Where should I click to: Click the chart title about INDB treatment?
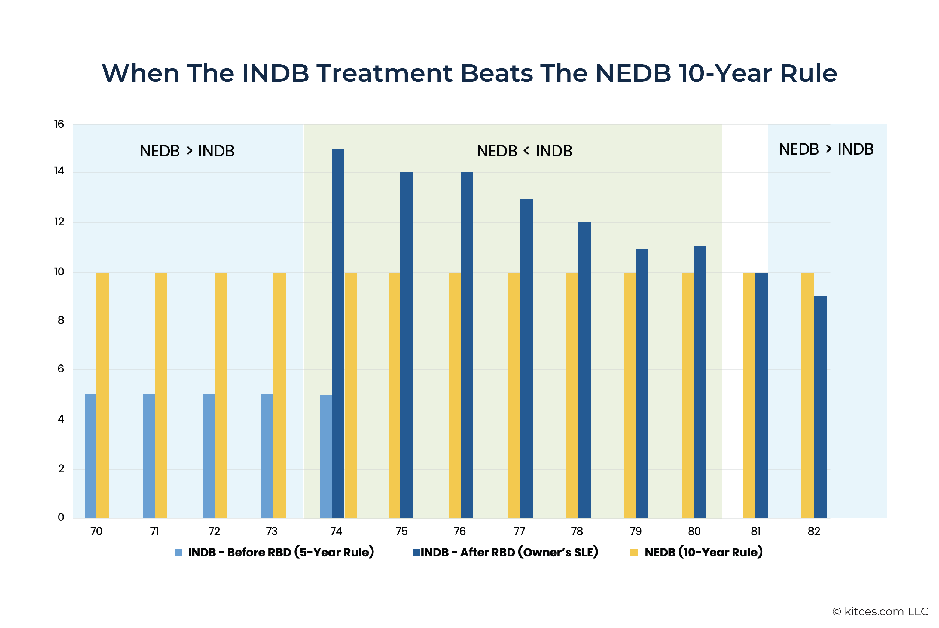469,73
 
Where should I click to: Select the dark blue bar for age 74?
338,334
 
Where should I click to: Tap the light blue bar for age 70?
90,456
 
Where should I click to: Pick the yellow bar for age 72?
221,395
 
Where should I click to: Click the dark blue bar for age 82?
820,407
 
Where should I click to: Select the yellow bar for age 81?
749,395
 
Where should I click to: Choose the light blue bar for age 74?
326,457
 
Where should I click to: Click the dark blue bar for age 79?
642,384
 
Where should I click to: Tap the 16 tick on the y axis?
59,124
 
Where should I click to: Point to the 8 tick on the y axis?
61,320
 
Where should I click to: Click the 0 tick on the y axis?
61,517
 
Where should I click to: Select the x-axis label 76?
459,532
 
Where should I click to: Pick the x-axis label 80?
694,532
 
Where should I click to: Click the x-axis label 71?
154,532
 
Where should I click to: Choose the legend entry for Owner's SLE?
505,552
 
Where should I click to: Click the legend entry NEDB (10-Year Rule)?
697,552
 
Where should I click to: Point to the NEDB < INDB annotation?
525,151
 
